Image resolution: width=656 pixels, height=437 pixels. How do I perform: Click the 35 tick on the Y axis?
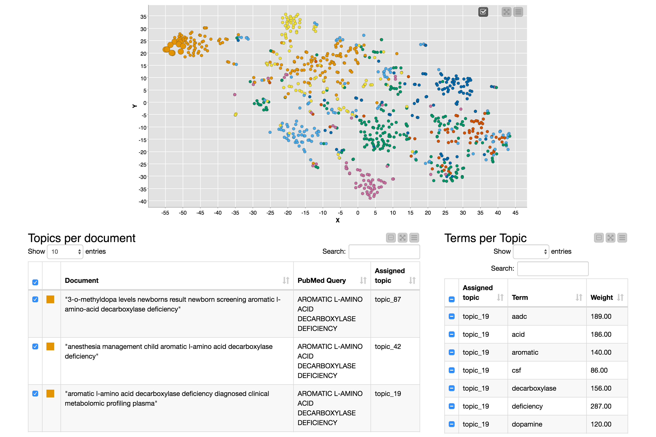pos(143,17)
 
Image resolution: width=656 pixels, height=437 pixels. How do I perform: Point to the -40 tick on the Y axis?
pos(143,202)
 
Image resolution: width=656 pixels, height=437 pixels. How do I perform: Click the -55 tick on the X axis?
pos(165,213)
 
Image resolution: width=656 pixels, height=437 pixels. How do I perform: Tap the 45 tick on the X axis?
pos(515,213)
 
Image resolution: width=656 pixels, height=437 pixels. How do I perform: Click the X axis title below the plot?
pos(337,220)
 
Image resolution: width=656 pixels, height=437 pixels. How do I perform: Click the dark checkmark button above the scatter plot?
pos(483,12)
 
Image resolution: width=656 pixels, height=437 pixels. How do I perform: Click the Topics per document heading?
pos(82,238)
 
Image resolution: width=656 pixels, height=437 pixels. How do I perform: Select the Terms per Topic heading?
pos(485,238)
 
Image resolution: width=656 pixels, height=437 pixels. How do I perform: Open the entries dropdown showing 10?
pos(65,252)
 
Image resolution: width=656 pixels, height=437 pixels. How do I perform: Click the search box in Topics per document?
pos(384,252)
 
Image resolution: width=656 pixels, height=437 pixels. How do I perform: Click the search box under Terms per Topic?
pos(552,269)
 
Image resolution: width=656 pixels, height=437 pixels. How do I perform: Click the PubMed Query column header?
pos(322,280)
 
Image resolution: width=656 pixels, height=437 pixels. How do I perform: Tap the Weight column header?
pos(602,297)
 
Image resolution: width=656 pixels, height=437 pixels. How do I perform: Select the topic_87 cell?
pos(388,299)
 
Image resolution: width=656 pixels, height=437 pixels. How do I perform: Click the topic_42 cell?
pos(388,346)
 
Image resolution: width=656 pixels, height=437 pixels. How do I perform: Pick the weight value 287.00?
pos(601,406)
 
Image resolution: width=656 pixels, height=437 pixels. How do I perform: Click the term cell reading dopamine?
pos(527,424)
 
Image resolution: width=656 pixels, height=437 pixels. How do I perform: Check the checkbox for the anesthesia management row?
pos(35,346)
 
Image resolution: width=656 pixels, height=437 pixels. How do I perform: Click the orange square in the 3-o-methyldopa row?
pos(50,299)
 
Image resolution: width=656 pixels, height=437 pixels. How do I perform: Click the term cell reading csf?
pos(516,370)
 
